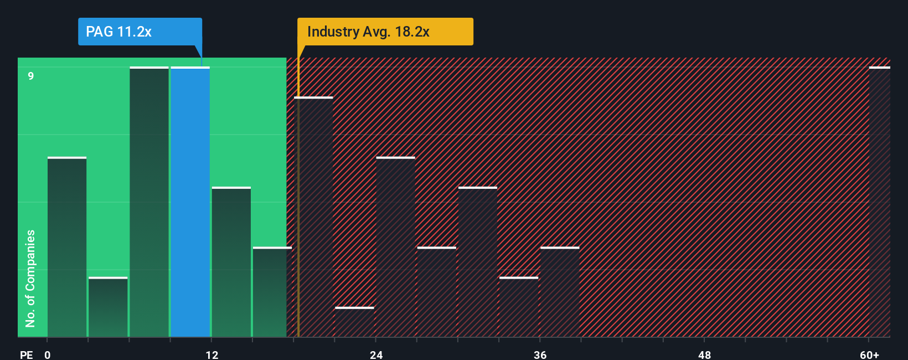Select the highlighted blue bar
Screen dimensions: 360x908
point(190,202)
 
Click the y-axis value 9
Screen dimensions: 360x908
point(31,76)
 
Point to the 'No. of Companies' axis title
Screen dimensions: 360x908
point(30,278)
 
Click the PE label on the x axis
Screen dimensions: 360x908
point(26,354)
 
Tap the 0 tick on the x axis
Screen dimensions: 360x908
point(48,354)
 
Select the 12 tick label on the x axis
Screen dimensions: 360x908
point(212,354)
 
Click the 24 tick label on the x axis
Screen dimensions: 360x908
point(376,354)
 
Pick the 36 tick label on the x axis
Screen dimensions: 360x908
point(540,354)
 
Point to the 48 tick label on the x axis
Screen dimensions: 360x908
point(704,354)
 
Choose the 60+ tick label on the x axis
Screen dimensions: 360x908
point(869,354)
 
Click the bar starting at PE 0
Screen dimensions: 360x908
point(67,248)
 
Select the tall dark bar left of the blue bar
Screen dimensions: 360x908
point(149,202)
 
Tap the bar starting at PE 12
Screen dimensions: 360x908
point(231,262)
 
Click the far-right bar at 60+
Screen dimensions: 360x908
point(879,202)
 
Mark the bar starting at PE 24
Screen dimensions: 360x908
point(395,248)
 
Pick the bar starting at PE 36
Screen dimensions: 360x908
point(560,292)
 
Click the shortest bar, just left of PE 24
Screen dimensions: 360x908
point(354,322)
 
